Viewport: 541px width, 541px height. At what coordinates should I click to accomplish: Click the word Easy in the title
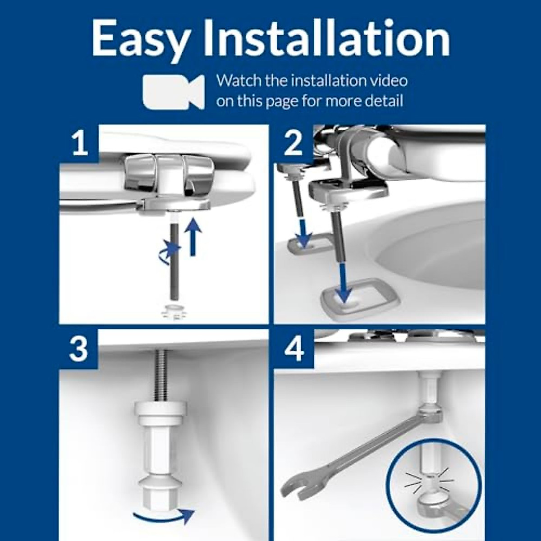[139, 42]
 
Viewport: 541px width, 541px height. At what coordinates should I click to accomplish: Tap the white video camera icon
[174, 92]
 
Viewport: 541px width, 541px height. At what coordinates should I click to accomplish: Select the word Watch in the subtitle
[238, 81]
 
